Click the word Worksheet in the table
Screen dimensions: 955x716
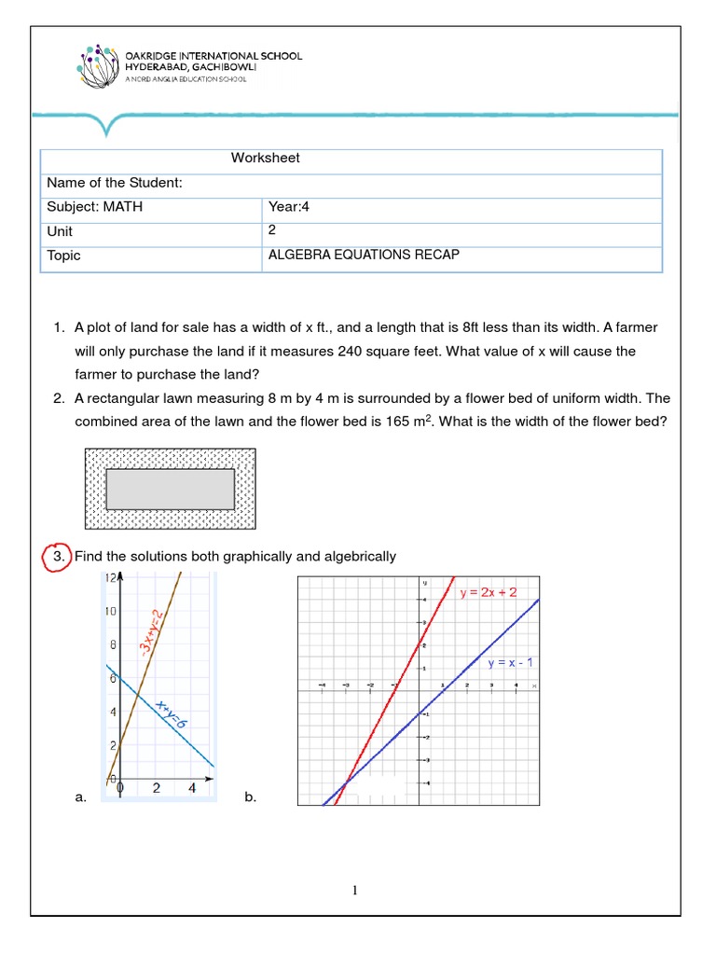click(265, 158)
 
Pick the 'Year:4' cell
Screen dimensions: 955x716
click(288, 207)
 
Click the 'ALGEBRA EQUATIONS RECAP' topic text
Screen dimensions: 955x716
click(364, 255)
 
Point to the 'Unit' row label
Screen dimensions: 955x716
click(60, 231)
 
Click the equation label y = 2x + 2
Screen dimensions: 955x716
click(495, 592)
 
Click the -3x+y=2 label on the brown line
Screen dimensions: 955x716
click(151, 635)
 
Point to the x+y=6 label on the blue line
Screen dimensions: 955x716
click(173, 718)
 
